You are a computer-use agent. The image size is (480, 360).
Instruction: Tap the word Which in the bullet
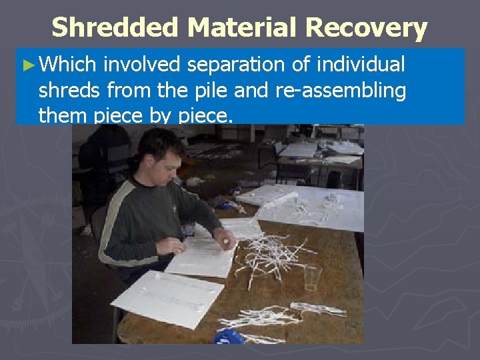tap(69, 65)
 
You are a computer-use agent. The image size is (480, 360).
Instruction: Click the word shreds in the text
tap(71, 91)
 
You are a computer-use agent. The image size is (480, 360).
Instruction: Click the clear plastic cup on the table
tap(312, 277)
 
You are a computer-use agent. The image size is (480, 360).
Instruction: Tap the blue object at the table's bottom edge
tap(229, 337)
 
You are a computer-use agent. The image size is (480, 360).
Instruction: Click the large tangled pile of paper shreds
tap(273, 250)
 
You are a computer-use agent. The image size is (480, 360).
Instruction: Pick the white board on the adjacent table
tap(303, 203)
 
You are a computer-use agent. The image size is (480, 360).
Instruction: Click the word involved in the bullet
tap(143, 65)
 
